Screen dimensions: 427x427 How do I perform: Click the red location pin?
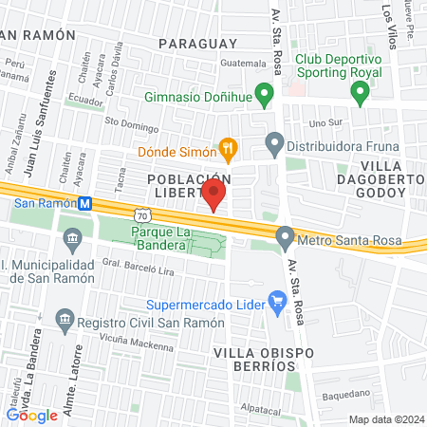pos(213,195)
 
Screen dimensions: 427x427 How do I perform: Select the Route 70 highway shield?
pos(141,217)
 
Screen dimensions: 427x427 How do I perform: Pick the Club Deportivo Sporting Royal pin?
pos(360,93)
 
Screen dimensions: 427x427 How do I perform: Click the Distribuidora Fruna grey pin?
pos(275,145)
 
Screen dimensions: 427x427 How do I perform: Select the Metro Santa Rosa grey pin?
pos(284,237)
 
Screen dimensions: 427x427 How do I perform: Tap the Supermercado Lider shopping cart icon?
pos(278,305)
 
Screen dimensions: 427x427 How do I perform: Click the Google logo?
pos(31,415)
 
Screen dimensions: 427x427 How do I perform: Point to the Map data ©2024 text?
pos(385,418)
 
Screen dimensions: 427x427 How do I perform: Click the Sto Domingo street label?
pos(129,121)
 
